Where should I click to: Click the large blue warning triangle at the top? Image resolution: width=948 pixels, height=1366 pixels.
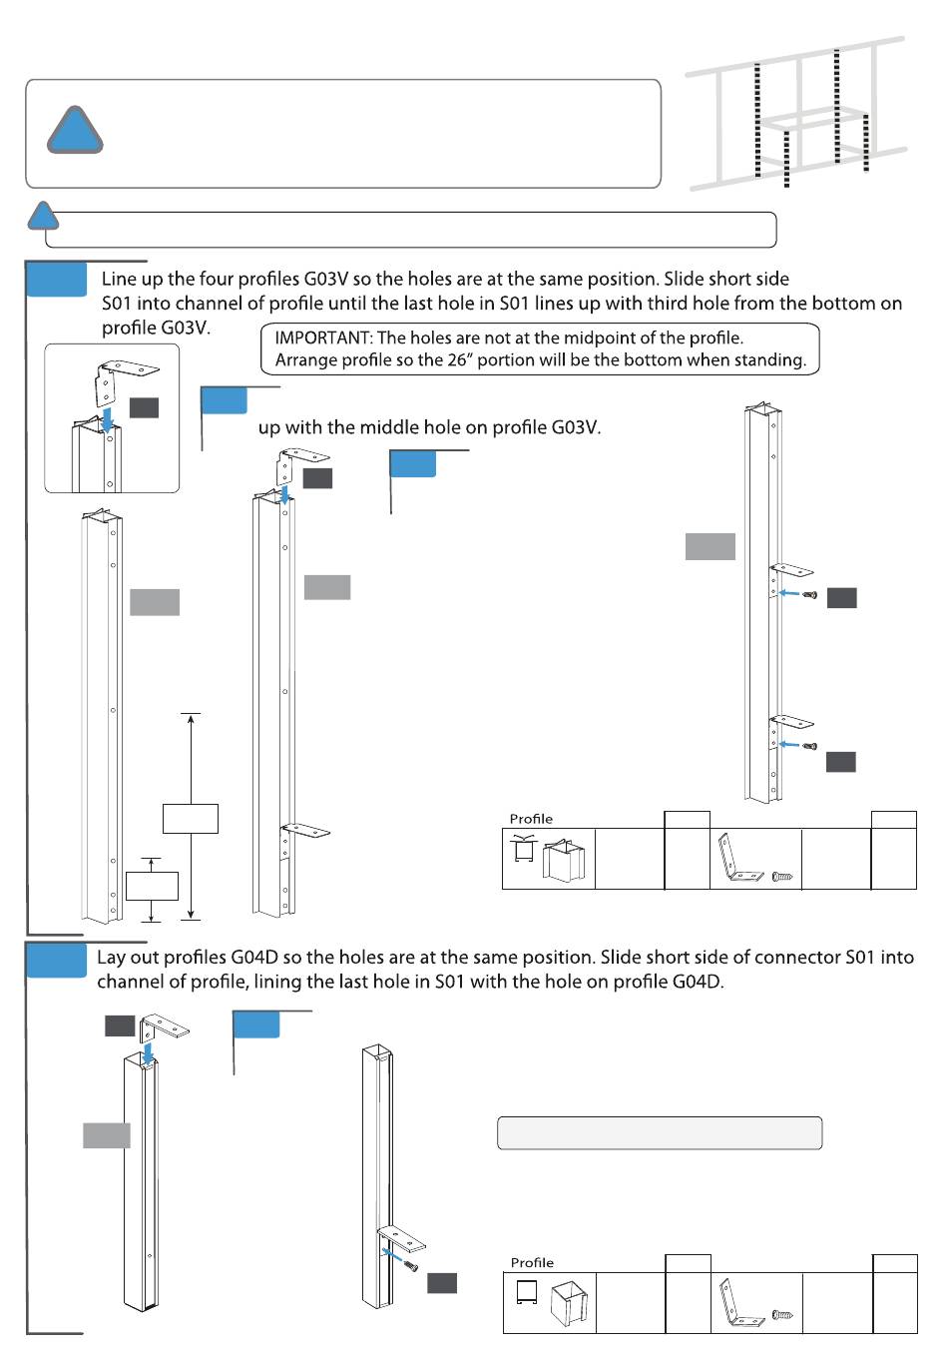pyautogui.click(x=75, y=131)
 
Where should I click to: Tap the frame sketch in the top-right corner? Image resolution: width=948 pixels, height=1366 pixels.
pyautogui.click(x=796, y=115)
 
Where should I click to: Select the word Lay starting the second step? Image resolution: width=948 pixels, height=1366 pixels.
pyautogui.click(x=112, y=957)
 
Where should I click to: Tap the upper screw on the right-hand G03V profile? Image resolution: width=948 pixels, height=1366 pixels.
pyautogui.click(x=810, y=595)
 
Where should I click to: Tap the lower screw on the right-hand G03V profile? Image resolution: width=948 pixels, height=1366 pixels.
pyautogui.click(x=810, y=746)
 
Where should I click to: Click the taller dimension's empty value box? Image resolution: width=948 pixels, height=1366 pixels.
pyautogui.click(x=190, y=818)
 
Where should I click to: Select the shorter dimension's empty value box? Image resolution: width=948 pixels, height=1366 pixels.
pyautogui.click(x=152, y=886)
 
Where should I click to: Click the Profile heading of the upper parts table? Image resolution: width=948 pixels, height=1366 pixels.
pyautogui.click(x=531, y=819)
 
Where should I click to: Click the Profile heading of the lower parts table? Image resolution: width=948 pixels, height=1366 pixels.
pyautogui.click(x=532, y=1262)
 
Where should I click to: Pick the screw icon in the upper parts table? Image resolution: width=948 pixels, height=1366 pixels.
pyautogui.click(x=783, y=877)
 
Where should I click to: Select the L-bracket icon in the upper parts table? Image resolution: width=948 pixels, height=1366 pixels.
pyautogui.click(x=739, y=860)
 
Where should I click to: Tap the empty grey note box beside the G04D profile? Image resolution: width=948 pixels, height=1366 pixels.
pyautogui.click(x=660, y=1133)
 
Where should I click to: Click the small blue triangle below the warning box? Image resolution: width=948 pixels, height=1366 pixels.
pyautogui.click(x=42, y=216)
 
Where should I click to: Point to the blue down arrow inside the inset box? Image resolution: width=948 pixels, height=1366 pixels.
pyautogui.click(x=107, y=417)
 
